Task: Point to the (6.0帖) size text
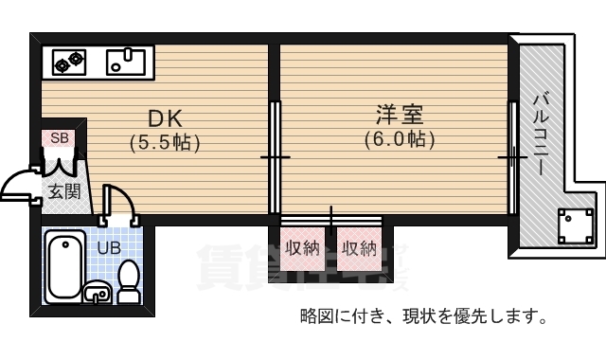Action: (x=399, y=139)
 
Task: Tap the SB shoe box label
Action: (x=59, y=138)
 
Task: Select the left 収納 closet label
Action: (x=302, y=249)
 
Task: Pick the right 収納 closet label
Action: (x=359, y=249)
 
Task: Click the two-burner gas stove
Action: (x=68, y=63)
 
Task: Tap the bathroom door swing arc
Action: (x=117, y=203)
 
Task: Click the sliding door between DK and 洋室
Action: (x=275, y=156)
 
